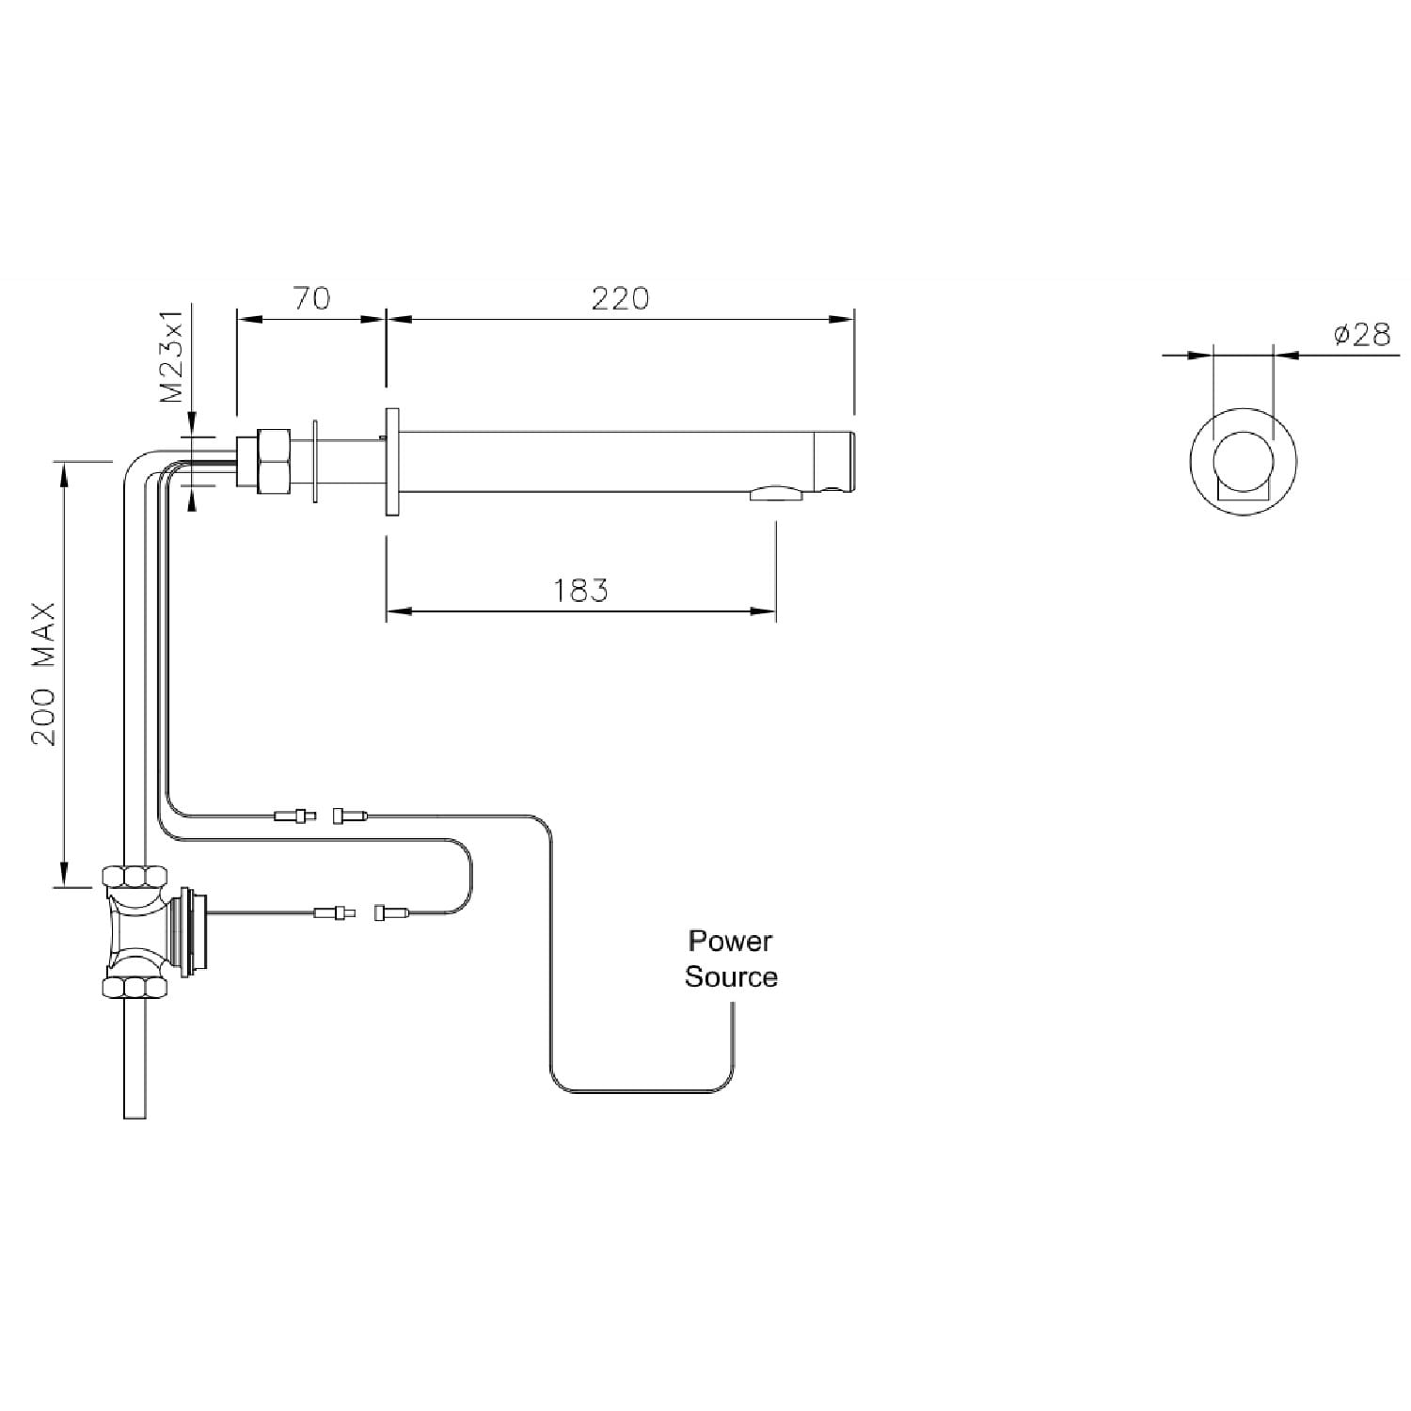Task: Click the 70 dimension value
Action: click(311, 298)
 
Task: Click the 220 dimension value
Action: click(620, 298)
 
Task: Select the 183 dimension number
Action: click(580, 591)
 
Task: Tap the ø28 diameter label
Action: click(1362, 334)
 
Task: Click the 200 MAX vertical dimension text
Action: click(44, 674)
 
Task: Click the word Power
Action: click(730, 941)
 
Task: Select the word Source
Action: click(731, 977)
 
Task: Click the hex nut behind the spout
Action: click(274, 461)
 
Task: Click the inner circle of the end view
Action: click(1243, 462)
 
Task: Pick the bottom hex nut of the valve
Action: click(136, 987)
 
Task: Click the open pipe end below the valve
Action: click(135, 1115)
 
